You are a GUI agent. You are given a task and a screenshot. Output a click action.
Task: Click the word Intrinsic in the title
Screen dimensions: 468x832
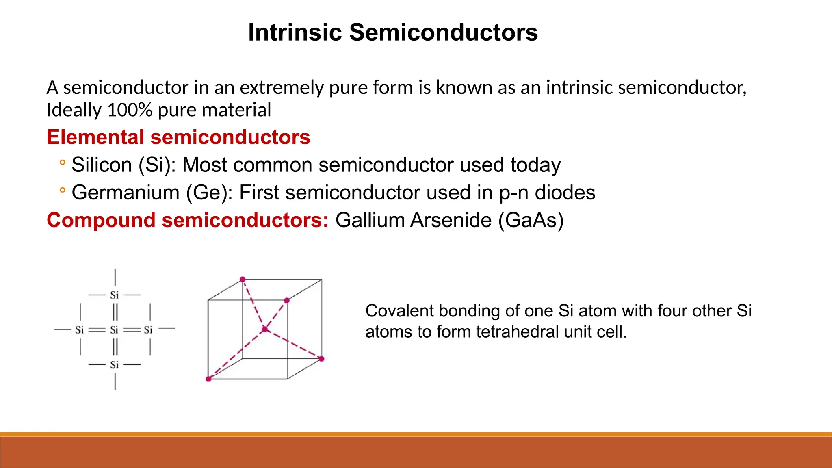click(x=295, y=32)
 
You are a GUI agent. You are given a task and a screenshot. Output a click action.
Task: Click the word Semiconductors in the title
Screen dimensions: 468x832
click(x=443, y=32)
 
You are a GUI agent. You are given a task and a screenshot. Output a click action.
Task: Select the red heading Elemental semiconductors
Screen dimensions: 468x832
click(x=178, y=137)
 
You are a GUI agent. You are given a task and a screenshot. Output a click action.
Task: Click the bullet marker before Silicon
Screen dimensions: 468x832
click(x=62, y=163)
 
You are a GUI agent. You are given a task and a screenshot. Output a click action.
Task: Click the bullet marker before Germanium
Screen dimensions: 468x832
click(x=62, y=190)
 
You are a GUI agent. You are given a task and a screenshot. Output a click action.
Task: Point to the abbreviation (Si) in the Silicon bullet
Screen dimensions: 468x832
click(x=154, y=165)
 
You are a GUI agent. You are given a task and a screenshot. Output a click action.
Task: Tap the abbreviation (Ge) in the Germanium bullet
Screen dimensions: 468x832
click(x=207, y=193)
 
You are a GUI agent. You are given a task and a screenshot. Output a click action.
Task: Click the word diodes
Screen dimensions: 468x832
click(x=565, y=193)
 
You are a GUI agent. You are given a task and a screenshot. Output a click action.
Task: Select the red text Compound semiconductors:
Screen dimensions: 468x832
click(x=187, y=220)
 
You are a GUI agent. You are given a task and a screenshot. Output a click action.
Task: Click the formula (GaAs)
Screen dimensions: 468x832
click(x=531, y=221)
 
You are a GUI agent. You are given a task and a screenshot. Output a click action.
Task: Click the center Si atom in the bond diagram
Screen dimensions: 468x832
click(x=115, y=330)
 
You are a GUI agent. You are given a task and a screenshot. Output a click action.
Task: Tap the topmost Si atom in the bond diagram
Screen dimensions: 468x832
click(x=115, y=295)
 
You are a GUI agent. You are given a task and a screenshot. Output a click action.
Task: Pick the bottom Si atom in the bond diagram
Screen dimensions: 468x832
click(x=115, y=365)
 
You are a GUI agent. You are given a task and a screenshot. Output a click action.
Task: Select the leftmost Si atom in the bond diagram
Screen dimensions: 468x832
click(x=79, y=330)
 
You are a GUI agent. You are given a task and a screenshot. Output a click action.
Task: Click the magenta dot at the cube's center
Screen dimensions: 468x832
click(x=265, y=329)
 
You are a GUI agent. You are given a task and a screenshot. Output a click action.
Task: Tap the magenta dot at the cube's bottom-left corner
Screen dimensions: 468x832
click(x=208, y=379)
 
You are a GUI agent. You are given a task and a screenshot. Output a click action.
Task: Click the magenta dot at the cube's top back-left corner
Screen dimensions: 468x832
click(x=243, y=279)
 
